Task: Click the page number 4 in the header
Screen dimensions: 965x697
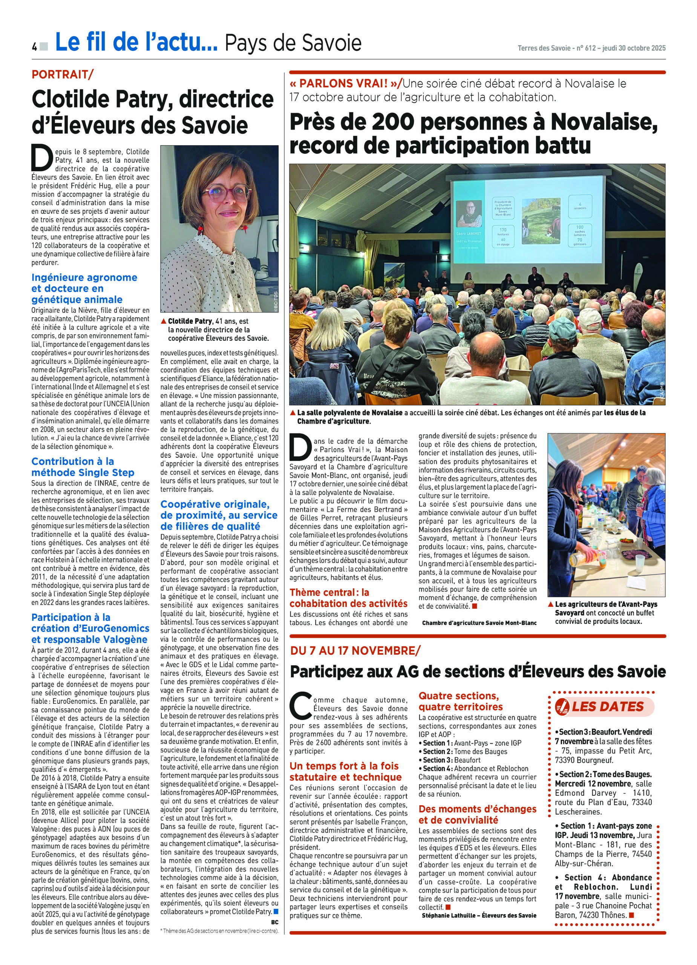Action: [34, 46]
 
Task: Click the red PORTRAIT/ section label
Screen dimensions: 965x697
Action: [62, 75]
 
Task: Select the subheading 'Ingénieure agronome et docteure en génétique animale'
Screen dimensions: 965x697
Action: [84, 288]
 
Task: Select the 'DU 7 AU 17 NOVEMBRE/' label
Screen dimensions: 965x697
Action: [355, 650]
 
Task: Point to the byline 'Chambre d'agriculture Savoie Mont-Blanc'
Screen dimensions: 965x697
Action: [479, 623]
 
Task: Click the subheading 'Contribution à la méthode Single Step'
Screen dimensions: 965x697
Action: [83, 467]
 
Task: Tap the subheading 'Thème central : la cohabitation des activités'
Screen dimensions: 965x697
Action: [348, 597]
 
